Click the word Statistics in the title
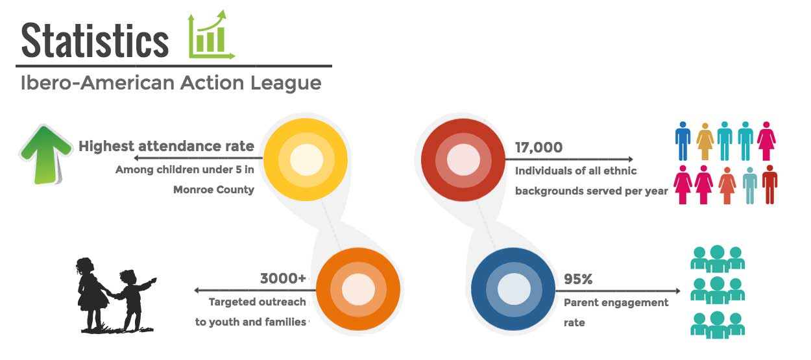[x=95, y=40]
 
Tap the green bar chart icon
[x=212, y=35]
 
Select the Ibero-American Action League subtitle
[x=171, y=83]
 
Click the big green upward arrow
[x=45, y=154]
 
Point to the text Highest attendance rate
[x=167, y=146]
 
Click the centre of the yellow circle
[x=306, y=160]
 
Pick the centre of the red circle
[x=463, y=160]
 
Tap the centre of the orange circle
[x=358, y=289]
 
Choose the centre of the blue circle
[x=513, y=289]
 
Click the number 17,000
[x=539, y=147]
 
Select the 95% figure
[x=578, y=279]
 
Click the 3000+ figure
[x=283, y=278]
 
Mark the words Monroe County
[x=213, y=189]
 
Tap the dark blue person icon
[x=683, y=141]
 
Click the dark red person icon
[x=769, y=185]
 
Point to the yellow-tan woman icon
[x=705, y=141]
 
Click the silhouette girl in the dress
[x=92, y=294]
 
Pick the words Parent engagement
[x=616, y=302]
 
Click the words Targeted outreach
[x=258, y=302]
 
